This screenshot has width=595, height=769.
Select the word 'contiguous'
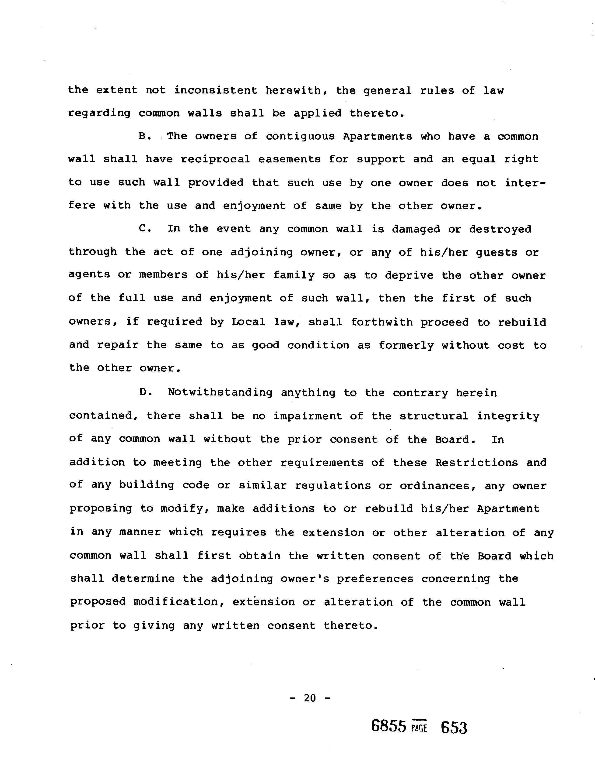click(300, 136)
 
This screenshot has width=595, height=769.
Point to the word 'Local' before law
click(248, 322)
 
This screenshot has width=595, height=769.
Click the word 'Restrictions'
click(476, 462)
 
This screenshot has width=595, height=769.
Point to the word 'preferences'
click(375, 579)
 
